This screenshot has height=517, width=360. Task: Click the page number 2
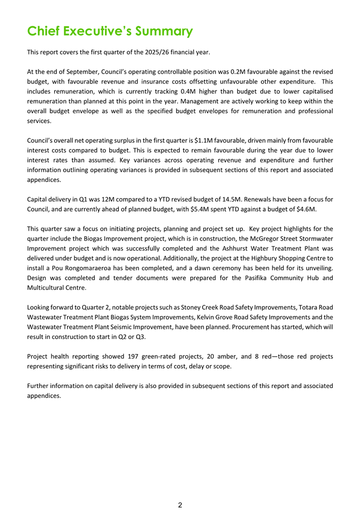pos(180,505)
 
